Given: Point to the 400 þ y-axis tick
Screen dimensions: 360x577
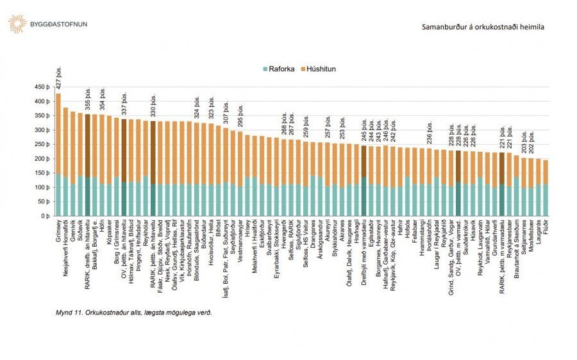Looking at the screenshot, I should coord(42,101).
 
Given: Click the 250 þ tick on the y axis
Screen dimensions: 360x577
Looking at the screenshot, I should coord(42,144).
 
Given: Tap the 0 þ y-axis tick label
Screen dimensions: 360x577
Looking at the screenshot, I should coord(45,216).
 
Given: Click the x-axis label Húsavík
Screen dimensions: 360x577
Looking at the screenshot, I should coord(473,233).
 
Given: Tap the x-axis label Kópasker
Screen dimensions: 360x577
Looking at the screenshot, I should coord(110,234).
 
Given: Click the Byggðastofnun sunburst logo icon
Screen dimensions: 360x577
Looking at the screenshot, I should coord(17,24).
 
